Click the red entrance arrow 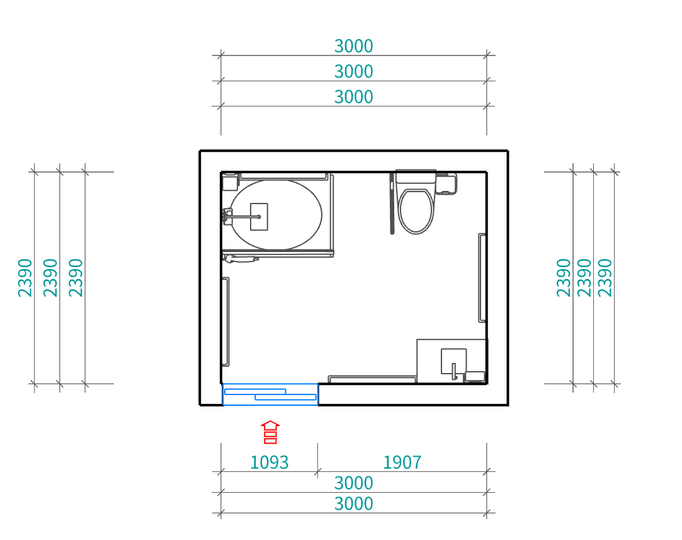270,432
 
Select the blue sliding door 270,394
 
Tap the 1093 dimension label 270,462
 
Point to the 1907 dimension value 402,462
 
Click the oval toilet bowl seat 416,210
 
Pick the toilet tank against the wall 416,176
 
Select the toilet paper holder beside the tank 446,183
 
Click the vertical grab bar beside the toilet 392,204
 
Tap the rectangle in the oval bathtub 259,217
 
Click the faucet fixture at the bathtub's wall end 227,216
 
